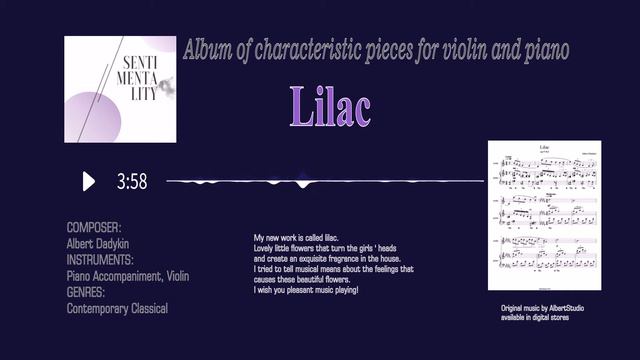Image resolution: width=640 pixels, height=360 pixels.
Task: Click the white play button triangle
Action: pos(89,181)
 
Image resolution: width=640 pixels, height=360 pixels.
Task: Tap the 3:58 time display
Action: pos(132,182)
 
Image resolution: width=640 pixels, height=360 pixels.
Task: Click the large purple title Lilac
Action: pos(330,106)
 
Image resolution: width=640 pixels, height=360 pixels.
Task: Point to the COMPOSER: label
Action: pos(94,228)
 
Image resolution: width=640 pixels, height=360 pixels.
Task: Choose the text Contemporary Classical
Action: pos(117,308)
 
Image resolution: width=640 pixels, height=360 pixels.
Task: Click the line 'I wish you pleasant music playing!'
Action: pos(306,290)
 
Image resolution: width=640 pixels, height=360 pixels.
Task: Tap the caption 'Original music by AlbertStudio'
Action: pos(541,310)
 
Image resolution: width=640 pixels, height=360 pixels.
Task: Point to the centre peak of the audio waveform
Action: pos(303,182)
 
